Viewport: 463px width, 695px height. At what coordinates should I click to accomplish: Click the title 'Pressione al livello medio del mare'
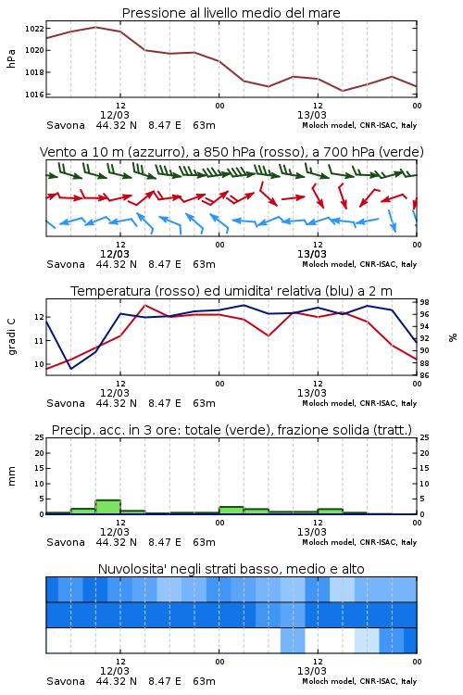[231, 13]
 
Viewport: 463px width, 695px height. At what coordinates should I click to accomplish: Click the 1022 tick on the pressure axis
[33, 29]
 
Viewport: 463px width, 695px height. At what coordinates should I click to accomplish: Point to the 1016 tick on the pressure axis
[33, 95]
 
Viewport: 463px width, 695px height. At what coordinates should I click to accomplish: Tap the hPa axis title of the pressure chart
[11, 58]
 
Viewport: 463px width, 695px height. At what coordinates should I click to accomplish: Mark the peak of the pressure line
[95, 27]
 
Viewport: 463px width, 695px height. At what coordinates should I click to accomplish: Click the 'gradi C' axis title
[11, 337]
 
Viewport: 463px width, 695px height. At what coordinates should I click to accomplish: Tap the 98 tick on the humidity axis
[424, 302]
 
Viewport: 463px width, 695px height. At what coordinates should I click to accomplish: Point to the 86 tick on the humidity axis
[424, 375]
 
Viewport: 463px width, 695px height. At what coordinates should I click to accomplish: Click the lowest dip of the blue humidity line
[71, 368]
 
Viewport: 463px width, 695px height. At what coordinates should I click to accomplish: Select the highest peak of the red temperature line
[144, 306]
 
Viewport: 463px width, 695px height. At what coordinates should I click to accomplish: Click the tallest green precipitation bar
[107, 507]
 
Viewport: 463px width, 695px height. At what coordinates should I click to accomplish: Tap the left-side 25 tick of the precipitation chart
[39, 437]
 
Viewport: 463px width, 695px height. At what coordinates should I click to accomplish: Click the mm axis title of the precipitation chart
[11, 476]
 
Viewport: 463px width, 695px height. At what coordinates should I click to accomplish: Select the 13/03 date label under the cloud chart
[311, 671]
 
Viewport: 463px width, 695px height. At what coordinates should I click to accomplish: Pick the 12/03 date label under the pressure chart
[114, 115]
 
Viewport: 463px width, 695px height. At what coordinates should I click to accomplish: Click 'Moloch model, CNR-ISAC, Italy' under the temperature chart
[359, 403]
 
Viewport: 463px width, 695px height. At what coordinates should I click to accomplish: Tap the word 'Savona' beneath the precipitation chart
[66, 542]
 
